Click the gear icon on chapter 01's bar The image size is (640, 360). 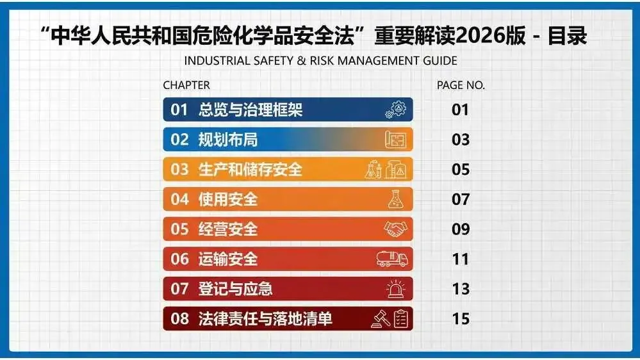(395, 110)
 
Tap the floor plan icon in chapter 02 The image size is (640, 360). (395, 140)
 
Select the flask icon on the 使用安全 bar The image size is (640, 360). (395, 199)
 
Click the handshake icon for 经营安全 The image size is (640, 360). (395, 229)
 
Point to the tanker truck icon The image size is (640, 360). (392, 259)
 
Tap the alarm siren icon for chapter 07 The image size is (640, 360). (395, 288)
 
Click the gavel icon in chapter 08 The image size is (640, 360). (381, 319)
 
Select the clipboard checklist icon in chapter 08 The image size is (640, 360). (401, 319)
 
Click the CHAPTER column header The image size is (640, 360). (186, 85)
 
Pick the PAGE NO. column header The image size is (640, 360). (461, 85)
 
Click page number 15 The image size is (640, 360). (461, 319)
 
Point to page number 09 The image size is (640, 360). (461, 229)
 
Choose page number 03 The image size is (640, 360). (461, 140)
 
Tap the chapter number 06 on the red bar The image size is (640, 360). (179, 259)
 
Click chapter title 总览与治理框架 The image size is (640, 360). (250, 110)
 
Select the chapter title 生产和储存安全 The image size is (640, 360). (250, 169)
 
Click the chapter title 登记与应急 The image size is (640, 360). (236, 288)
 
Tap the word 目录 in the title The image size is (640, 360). (568, 35)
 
